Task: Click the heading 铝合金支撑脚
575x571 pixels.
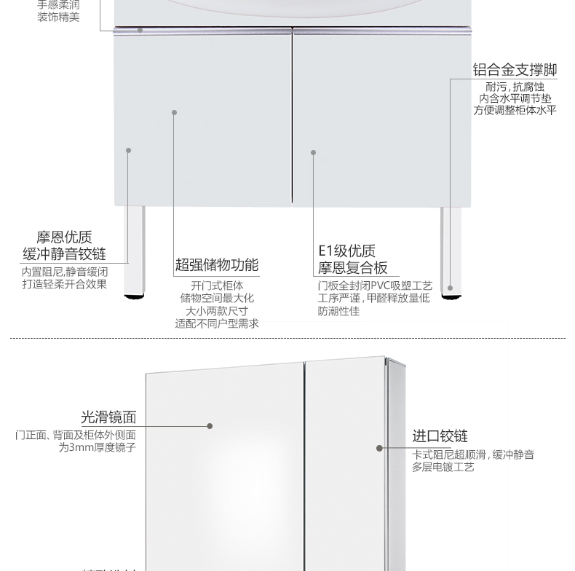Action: pos(515,70)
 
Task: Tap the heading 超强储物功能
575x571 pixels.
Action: pos(217,265)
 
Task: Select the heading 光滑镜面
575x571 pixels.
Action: pos(108,417)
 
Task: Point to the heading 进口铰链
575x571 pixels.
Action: pos(440,436)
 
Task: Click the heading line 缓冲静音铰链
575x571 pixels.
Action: pos(64,253)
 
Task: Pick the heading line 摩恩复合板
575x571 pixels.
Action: pos(352,267)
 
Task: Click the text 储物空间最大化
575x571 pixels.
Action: pos(217,298)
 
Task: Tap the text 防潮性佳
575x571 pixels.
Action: pos(338,311)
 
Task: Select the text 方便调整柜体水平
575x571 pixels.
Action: pos(515,110)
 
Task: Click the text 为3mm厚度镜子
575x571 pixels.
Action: pos(97,448)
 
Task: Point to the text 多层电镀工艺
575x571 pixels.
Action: pos(443,467)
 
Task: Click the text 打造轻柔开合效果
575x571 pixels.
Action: pos(64,284)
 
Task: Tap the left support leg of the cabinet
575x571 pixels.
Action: pos(134,248)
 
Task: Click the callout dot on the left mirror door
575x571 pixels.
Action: pos(210,426)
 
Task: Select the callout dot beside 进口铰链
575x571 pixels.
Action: pos(379,448)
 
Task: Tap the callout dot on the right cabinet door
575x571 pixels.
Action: pos(314,153)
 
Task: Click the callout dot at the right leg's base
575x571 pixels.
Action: pos(450,288)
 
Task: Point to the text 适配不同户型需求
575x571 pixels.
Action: pos(217,323)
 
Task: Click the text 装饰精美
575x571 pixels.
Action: pos(58,17)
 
